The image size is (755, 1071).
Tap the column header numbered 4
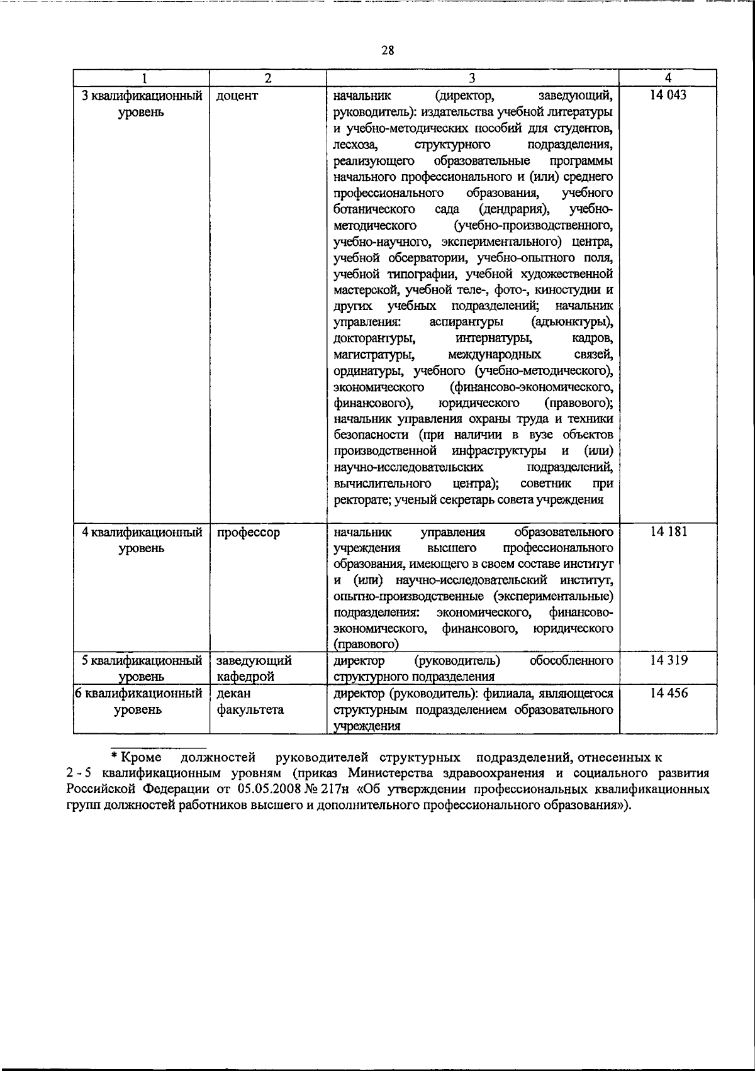coord(668,77)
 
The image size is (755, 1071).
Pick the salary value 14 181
coord(669,532)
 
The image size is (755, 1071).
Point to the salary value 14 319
coord(669,660)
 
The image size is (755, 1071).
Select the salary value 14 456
coord(669,693)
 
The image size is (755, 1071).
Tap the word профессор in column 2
coord(248,533)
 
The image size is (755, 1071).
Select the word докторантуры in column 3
coord(374,339)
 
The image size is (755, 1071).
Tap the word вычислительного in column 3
coord(382,484)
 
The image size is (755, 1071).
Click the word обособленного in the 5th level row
coord(571,660)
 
